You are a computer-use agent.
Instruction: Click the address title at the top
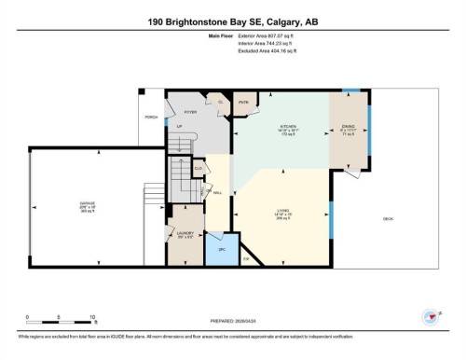(233, 21)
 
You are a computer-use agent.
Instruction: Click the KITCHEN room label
(287, 128)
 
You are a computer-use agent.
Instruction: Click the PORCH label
(150, 118)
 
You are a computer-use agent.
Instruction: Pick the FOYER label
(189, 111)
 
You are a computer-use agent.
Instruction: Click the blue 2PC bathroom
(222, 251)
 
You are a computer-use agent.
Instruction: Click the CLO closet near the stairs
(199, 169)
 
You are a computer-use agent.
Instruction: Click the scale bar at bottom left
(61, 319)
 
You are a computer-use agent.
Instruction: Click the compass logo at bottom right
(430, 317)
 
